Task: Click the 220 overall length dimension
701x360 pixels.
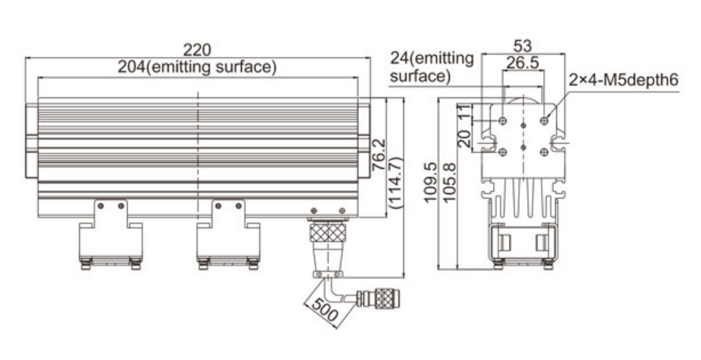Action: click(197, 49)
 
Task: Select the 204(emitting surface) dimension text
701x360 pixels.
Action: click(197, 67)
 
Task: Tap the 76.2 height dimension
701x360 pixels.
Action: click(379, 155)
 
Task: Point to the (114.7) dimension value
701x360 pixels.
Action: click(396, 183)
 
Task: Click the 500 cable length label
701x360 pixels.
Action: click(325, 310)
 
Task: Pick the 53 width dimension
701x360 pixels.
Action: click(523, 46)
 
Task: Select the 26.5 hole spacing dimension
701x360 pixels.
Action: click(522, 63)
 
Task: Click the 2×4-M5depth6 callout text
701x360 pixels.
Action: click(623, 81)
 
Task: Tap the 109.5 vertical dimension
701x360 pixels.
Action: click(430, 183)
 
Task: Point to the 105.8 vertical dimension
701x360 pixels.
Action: click(449, 183)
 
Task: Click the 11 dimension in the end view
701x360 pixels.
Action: click(465, 112)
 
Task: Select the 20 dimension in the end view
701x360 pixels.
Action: click(465, 139)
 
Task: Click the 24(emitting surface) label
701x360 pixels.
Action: click(432, 67)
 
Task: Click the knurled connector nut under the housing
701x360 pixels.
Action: click(328, 232)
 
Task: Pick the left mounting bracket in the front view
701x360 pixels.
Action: click(110, 234)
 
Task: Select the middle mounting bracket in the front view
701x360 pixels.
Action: click(228, 234)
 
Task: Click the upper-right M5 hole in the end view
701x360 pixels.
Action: click(544, 120)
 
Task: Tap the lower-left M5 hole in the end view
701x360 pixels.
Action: click(503, 152)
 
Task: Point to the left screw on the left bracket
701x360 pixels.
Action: click(100, 206)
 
